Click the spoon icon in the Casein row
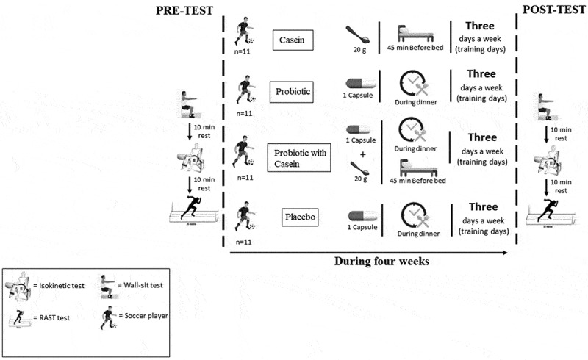point(359,34)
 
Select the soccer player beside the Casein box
point(244,32)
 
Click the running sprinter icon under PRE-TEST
point(190,206)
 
